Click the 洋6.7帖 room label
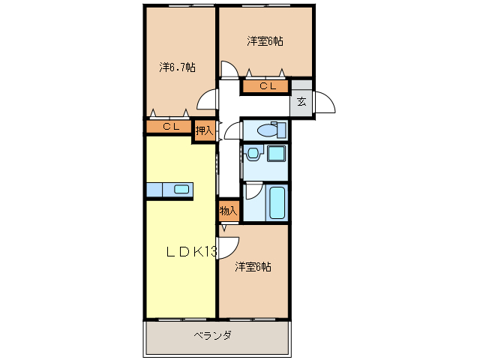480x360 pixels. (178, 67)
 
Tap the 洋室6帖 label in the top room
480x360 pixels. (265, 41)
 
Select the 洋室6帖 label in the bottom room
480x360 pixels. (253, 267)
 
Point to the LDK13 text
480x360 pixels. (191, 252)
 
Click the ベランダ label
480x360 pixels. (212, 335)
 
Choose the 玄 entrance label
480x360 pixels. (301, 101)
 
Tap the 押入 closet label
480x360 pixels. (205, 130)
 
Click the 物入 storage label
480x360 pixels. (229, 211)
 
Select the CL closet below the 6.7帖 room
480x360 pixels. (170, 127)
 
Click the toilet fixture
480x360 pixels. (269, 130)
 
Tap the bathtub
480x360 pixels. (277, 202)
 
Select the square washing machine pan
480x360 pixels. (276, 154)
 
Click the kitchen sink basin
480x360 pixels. (181, 189)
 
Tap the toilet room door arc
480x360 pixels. (232, 132)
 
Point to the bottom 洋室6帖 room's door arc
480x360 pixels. (229, 244)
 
